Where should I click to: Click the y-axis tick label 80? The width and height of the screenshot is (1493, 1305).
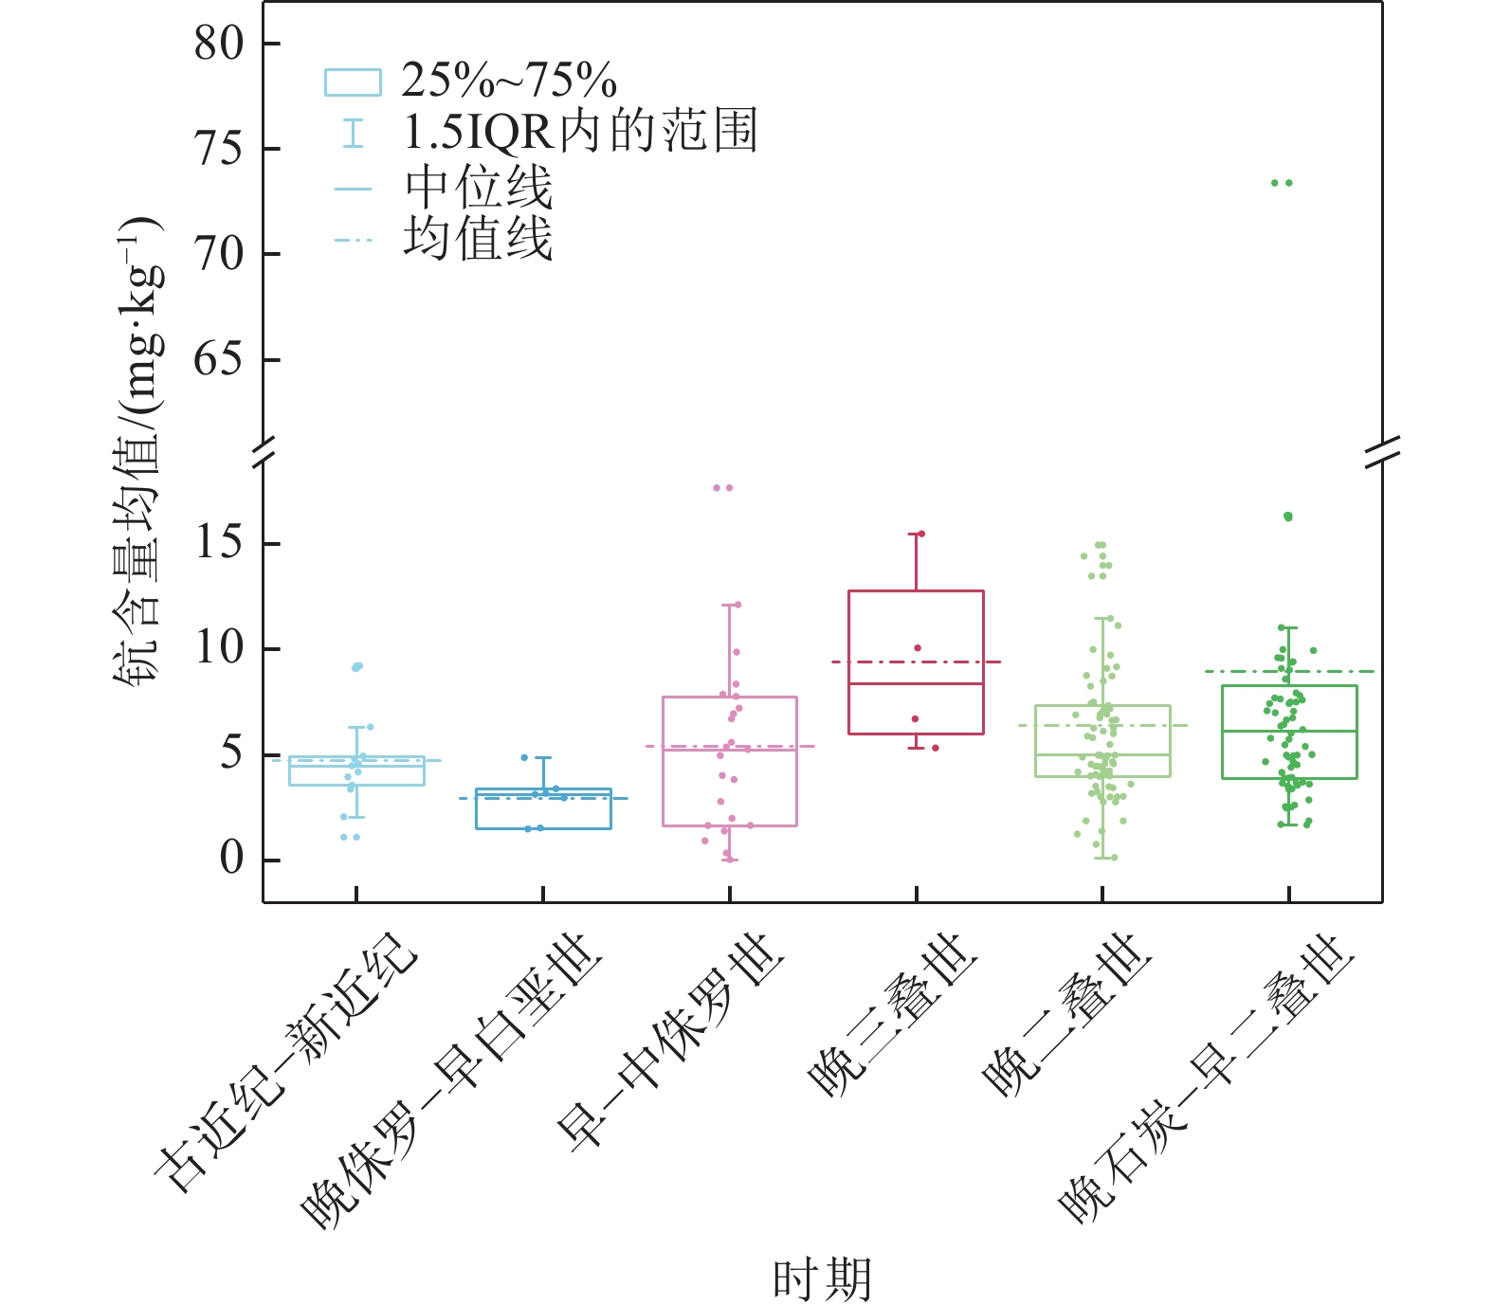(219, 44)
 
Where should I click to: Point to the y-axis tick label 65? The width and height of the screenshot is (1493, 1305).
(219, 360)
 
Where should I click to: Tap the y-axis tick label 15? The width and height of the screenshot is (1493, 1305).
(219, 543)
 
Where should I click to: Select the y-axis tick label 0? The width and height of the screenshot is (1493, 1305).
(232, 859)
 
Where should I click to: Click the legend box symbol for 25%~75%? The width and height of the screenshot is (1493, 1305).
(353, 82)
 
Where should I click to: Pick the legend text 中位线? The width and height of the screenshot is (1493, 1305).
(479, 187)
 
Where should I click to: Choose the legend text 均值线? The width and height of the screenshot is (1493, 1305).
(479, 238)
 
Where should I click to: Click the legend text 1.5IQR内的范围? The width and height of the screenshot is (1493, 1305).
(580, 132)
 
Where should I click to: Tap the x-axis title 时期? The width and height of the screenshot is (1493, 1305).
(821, 1279)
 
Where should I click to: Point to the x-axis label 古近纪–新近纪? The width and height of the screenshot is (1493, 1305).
(284, 1061)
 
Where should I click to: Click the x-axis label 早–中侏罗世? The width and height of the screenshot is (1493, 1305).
(673, 1042)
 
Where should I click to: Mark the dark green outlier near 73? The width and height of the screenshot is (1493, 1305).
(1282, 183)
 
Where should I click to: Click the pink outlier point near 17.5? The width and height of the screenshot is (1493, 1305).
(723, 488)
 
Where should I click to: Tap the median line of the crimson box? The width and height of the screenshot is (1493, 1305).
(916, 683)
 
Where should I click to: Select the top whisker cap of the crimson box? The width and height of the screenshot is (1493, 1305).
(916, 535)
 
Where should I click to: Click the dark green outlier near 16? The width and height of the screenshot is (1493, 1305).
(1287, 517)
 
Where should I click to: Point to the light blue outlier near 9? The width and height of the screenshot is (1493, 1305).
(356, 667)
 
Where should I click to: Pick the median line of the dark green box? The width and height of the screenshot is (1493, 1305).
(1289, 732)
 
